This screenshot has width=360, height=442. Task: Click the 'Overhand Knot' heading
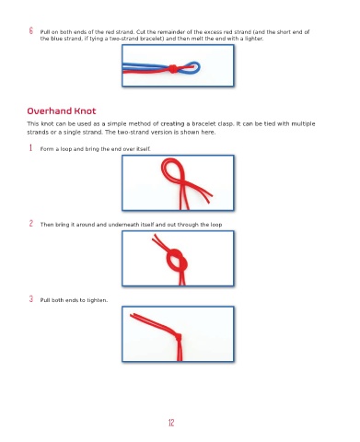pos(62,110)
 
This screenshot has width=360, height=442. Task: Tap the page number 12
pos(171,423)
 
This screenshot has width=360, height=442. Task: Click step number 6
pos(31,30)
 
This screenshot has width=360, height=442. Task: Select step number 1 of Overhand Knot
pos(30,148)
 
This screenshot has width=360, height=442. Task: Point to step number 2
pos(31,223)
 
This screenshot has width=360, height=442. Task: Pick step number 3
pos(31,298)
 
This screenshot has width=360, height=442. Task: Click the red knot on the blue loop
pos(173,69)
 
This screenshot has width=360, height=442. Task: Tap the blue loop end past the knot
pos(196,67)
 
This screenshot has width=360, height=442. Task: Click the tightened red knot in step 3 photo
pos(179,338)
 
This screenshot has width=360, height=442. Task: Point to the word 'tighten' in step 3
pos(96,300)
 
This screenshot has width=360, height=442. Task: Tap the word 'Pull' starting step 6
pos(45,32)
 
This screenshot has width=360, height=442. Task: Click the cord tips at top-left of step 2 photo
pos(155,237)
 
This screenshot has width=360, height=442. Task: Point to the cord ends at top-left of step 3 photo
pos(133,315)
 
